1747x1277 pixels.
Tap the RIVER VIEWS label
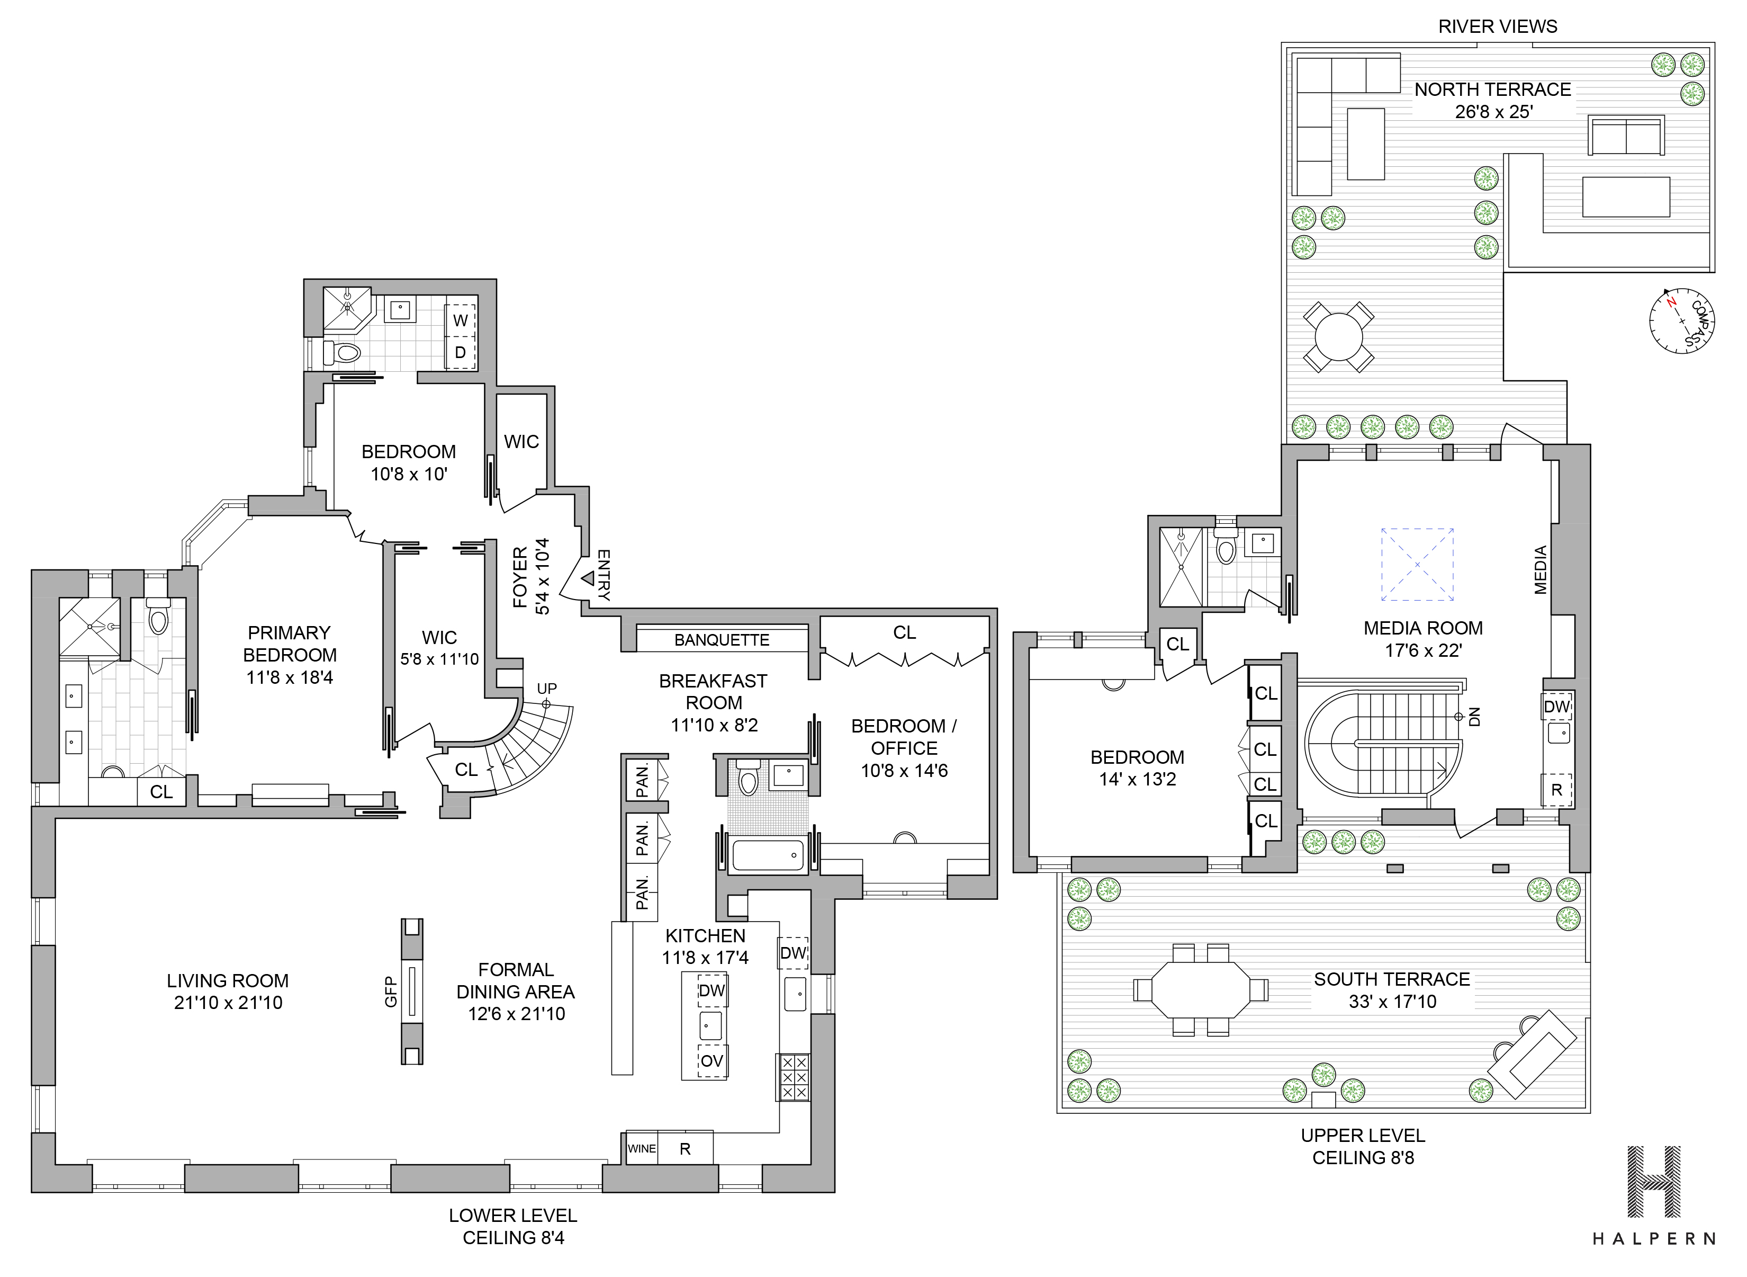tap(1498, 26)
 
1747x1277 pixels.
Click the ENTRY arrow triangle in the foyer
tap(587, 577)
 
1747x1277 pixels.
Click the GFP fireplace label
tap(391, 992)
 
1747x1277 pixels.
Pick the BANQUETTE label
tap(722, 640)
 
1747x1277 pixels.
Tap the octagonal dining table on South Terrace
tap(1200, 989)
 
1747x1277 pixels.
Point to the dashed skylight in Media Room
tap(1417, 564)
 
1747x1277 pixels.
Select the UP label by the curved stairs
tap(546, 688)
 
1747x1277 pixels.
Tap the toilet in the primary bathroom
tap(158, 616)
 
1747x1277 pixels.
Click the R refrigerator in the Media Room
tap(1557, 790)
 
